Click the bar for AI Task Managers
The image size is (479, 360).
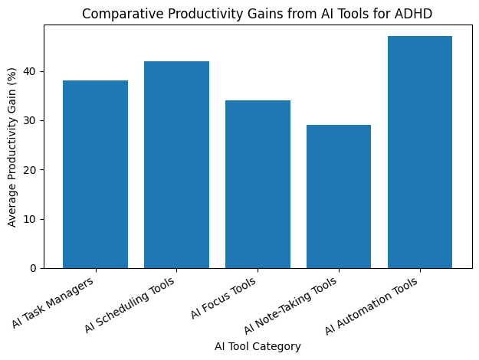tap(95, 175)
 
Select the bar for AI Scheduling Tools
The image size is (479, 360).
tap(176, 165)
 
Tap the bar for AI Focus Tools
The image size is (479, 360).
tap(258, 185)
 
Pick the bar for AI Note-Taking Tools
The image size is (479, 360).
tap(339, 197)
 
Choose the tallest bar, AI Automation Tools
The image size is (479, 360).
tap(420, 152)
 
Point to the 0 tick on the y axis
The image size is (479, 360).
tap(34, 268)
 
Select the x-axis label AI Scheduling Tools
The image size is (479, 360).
tap(130, 303)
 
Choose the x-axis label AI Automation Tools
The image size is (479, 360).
tap(372, 305)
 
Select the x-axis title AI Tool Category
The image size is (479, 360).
tap(258, 346)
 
